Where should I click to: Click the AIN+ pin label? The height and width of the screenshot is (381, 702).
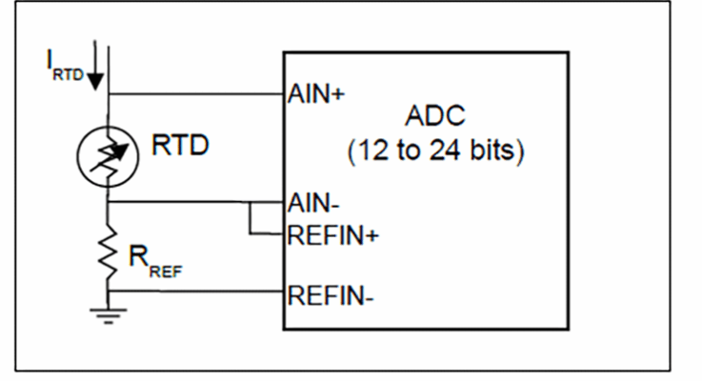tap(314, 95)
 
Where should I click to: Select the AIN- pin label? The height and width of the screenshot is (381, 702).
tap(312, 202)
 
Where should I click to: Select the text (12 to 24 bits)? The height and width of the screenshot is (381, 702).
tap(436, 150)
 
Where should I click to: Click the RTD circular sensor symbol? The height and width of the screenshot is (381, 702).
tap(109, 150)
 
